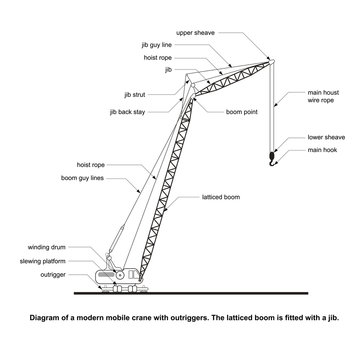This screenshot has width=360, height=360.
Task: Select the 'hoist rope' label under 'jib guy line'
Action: (157, 58)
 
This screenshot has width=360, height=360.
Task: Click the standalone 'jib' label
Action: (169, 70)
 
